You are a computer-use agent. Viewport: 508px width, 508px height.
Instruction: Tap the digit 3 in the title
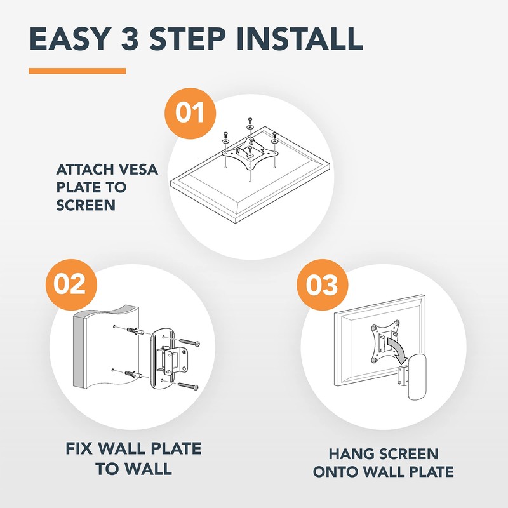(130, 39)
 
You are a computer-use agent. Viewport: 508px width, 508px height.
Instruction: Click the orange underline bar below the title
(77, 71)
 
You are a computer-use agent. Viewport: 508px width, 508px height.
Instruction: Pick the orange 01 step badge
(190, 113)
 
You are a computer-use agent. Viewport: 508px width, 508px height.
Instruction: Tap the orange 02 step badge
(71, 284)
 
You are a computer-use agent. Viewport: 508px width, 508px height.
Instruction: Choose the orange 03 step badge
(323, 284)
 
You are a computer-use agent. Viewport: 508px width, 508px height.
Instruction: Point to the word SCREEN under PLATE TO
(86, 205)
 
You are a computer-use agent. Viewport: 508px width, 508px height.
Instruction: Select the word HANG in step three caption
(348, 453)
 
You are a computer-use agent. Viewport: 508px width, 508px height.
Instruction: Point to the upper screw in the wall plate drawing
(189, 342)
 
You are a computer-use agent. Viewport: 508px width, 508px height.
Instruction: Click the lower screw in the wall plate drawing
(188, 386)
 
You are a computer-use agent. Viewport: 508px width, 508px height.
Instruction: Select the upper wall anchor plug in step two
(135, 331)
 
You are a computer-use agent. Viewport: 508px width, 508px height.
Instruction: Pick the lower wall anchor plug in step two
(133, 375)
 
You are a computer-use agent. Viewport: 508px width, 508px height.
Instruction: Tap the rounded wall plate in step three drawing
(417, 377)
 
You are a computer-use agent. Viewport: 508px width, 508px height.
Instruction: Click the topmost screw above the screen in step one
(250, 121)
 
